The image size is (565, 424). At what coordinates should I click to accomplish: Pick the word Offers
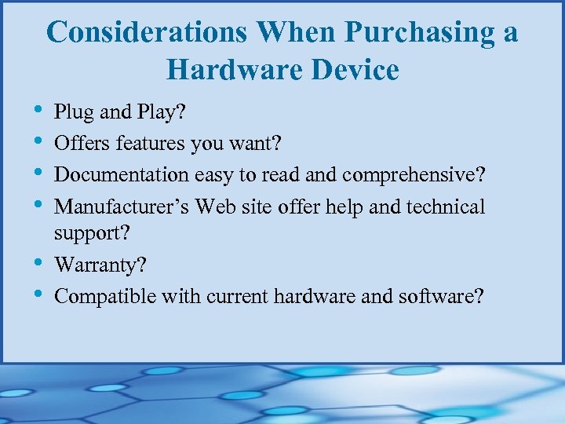[83, 144]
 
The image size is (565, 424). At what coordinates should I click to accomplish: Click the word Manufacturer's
[122, 207]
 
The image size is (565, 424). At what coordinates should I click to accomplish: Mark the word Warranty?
[100, 265]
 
